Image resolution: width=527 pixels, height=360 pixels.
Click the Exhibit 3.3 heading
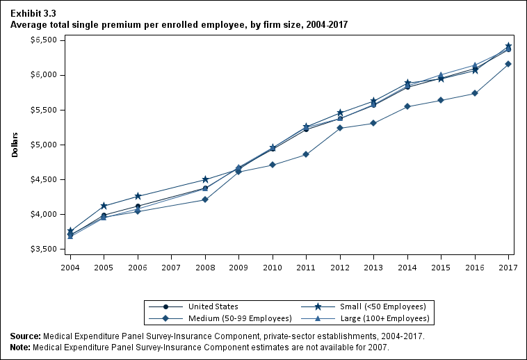pyautogui.click(x=33, y=13)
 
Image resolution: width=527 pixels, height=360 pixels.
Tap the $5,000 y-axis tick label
pyautogui.click(x=43, y=145)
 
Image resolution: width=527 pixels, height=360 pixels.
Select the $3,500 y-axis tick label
pyautogui.click(x=43, y=249)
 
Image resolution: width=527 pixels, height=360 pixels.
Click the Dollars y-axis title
pyautogui.click(x=15, y=145)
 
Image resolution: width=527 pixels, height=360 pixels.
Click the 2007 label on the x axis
pyautogui.click(x=171, y=267)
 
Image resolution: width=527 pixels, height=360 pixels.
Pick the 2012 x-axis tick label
pyautogui.click(x=340, y=267)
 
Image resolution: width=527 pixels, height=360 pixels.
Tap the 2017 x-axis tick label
pyautogui.click(x=508, y=267)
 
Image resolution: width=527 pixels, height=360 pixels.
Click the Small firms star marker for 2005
pyautogui.click(x=104, y=206)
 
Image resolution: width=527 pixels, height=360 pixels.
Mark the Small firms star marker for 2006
pyautogui.click(x=138, y=196)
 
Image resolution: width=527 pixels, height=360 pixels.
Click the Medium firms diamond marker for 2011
pyautogui.click(x=306, y=154)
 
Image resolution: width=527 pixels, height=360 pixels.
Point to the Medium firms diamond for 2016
pyautogui.click(x=475, y=93)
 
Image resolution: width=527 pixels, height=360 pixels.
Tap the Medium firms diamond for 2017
pyautogui.click(x=508, y=64)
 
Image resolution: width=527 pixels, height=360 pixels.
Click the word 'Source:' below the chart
pyautogui.click(x=25, y=336)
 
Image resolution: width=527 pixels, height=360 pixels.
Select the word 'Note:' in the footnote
pyautogui.click(x=20, y=347)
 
